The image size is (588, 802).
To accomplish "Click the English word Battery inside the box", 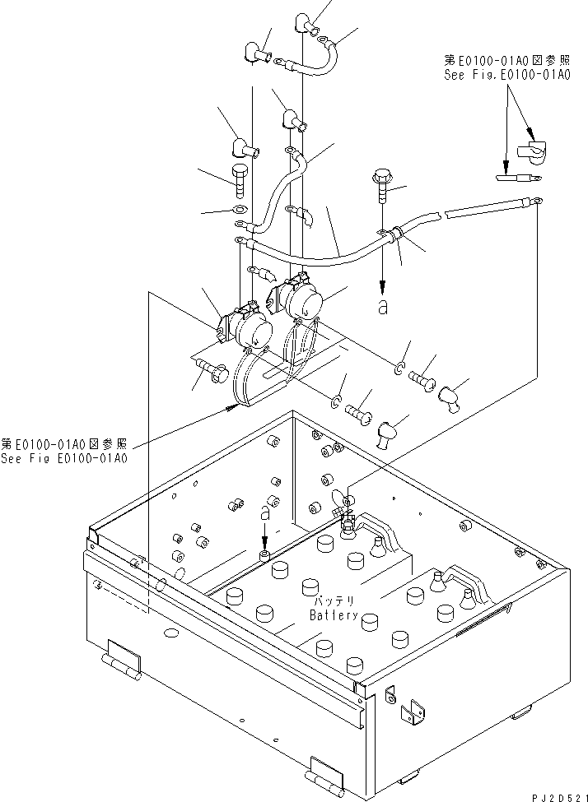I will pyautogui.click(x=334, y=614).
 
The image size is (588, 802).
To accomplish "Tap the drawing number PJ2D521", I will pyautogui.click(x=555, y=795).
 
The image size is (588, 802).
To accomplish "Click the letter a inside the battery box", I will pyautogui.click(x=264, y=512).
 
